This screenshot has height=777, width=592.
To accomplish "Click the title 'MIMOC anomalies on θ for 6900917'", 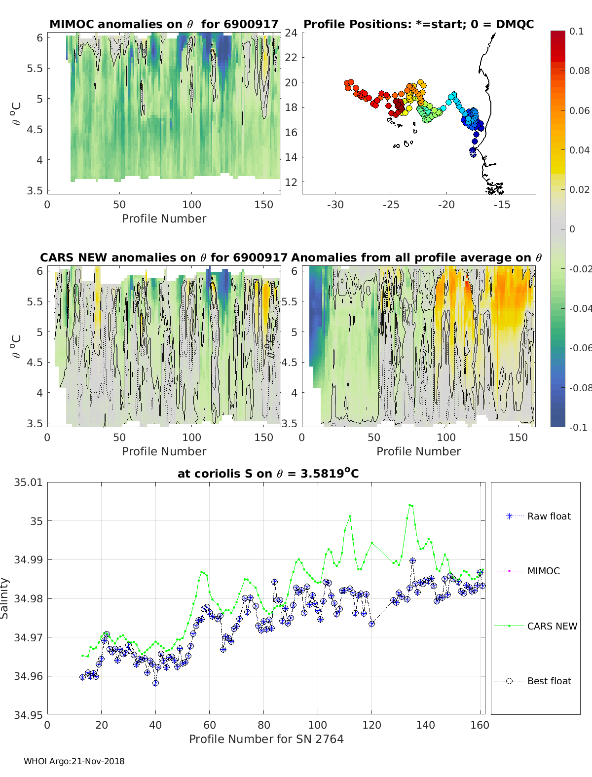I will click(x=164, y=24).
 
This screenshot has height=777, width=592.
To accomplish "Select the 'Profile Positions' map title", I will click(x=418, y=24).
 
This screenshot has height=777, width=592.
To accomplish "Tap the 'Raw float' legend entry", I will click(x=549, y=516).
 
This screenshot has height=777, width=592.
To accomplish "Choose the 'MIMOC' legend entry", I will click(x=543, y=571).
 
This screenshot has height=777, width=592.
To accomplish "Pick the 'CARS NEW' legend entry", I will click(x=552, y=626).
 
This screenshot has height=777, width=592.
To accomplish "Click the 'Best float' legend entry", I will click(x=549, y=681).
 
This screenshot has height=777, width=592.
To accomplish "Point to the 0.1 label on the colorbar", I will click(x=576, y=31).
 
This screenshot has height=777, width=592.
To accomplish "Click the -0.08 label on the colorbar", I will click(x=579, y=388).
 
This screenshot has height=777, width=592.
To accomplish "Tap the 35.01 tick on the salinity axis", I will click(x=29, y=482).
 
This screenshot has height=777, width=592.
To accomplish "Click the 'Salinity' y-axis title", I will click(x=5, y=598).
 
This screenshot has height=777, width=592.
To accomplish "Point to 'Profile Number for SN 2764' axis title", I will click(x=266, y=739).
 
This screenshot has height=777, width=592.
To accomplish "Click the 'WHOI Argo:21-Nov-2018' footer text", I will click(x=74, y=761).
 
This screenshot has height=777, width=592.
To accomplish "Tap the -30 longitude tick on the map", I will click(x=335, y=205).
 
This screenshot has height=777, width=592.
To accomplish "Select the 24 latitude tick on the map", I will click(x=291, y=33).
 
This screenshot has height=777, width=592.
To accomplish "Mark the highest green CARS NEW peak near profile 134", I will click(x=410, y=505).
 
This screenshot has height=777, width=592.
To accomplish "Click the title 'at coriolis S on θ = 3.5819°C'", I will click(x=268, y=474).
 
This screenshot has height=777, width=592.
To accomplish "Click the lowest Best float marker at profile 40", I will click(x=155, y=683).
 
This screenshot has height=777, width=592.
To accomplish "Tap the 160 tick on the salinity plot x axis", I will click(x=480, y=725).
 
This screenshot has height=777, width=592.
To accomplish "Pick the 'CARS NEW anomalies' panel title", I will click(x=163, y=258).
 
